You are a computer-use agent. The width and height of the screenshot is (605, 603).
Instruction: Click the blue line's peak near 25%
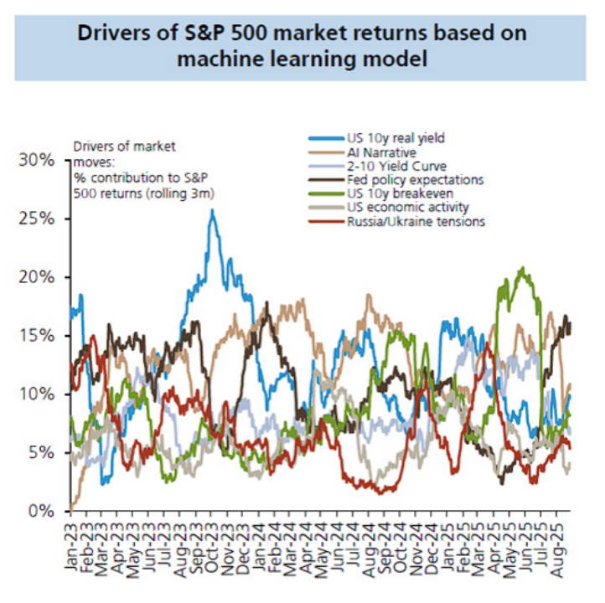point(212,210)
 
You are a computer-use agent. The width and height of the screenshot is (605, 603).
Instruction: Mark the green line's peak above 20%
point(524,269)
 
